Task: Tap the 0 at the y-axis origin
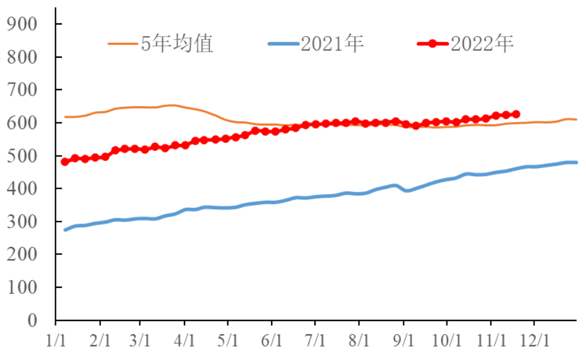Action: (41, 320)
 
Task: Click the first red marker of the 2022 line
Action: (65, 162)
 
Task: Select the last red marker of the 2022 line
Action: (516, 114)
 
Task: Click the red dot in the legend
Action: (432, 44)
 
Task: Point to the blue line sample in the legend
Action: (283, 44)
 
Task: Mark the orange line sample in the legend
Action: (123, 44)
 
